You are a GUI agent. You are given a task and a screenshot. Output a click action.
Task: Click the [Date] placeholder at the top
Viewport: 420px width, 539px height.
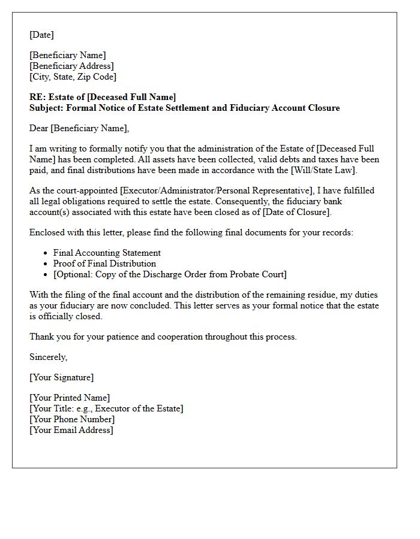41,35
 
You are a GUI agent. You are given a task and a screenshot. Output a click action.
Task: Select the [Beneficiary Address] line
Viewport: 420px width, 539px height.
71,66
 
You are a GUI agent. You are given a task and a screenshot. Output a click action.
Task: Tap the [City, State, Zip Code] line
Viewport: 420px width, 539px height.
73,77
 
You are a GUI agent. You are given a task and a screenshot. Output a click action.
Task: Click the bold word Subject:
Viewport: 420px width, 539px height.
47,108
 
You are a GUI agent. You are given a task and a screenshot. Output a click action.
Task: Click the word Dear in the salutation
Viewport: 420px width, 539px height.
39,128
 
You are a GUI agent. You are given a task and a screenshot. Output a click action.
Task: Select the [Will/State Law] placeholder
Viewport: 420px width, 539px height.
327,170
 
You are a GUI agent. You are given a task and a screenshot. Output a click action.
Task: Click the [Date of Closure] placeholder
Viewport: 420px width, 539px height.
295,212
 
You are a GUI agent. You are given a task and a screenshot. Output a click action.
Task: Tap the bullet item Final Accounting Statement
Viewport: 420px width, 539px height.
107,253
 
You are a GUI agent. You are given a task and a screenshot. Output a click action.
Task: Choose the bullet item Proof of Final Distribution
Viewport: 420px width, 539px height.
104,264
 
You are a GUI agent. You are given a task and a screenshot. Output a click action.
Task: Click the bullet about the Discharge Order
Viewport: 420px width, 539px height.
170,274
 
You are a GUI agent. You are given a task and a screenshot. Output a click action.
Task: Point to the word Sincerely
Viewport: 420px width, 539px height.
49,357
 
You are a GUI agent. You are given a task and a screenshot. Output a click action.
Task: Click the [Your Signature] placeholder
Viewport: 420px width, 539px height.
61,377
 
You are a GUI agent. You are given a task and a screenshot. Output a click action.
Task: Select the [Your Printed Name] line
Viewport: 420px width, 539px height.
70,398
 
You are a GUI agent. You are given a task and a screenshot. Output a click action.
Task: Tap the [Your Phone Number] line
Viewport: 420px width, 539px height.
71,419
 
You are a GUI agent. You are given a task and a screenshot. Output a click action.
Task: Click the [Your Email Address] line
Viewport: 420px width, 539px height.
71,430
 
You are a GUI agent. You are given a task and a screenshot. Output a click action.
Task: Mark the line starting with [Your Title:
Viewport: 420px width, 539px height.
106,408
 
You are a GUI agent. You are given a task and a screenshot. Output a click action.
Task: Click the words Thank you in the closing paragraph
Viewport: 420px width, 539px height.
46,337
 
